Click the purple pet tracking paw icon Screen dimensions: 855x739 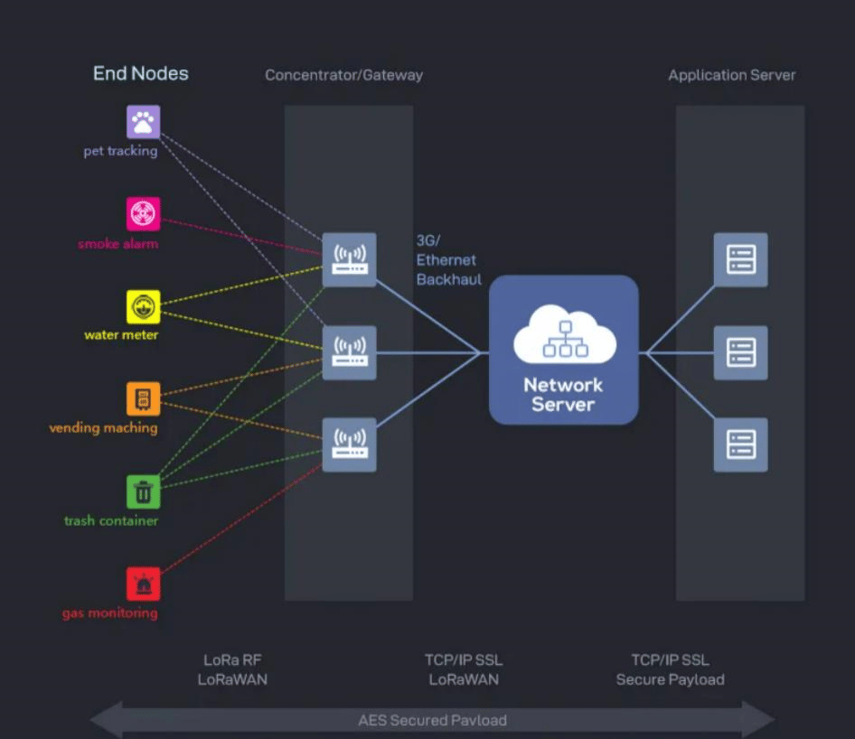point(144,122)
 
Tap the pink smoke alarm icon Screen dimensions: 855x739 point(144,213)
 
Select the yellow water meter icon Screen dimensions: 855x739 point(144,307)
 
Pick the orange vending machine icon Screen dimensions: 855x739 point(144,399)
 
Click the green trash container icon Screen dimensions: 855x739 point(144,491)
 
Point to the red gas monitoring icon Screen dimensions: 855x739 point(144,584)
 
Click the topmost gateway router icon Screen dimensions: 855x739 point(350,260)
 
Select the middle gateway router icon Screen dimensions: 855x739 point(350,352)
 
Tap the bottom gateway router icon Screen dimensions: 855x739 point(350,444)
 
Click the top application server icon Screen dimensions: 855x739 point(741,260)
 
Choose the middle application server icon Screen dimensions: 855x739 point(741,352)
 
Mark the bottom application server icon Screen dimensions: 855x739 point(741,444)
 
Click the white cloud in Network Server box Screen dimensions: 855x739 point(565,333)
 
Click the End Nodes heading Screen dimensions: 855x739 point(141,73)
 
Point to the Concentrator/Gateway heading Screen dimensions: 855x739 point(344,75)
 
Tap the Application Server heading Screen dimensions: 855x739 point(732,75)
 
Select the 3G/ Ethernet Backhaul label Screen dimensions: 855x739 point(449,260)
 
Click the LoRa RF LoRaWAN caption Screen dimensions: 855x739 point(232,669)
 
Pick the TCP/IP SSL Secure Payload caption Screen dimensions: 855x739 point(670,669)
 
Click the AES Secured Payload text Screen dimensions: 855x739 point(432,720)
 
